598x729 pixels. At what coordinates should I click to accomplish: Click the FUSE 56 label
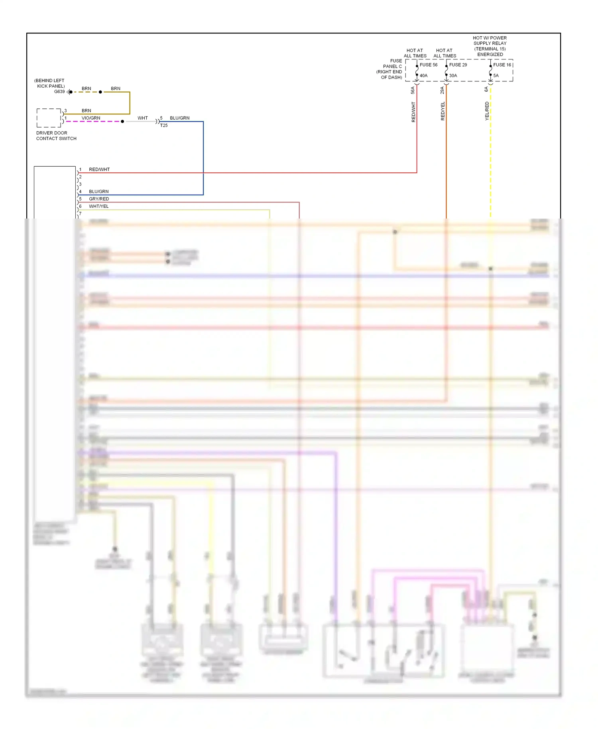(428, 65)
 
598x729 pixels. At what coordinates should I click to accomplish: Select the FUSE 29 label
(458, 65)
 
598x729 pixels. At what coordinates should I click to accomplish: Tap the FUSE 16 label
(502, 65)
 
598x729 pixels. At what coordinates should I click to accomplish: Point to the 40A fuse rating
(423, 76)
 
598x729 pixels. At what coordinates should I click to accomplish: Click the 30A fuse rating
(453, 76)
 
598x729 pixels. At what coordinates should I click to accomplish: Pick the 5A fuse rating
(496, 76)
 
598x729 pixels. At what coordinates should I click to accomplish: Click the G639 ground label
(59, 92)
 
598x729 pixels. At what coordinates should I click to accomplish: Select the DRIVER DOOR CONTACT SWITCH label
(56, 136)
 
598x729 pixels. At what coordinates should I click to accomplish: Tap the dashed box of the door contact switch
(49, 118)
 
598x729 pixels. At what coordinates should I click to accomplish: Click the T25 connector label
(164, 126)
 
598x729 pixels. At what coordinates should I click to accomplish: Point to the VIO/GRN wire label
(91, 118)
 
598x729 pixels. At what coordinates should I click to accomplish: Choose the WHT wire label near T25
(143, 118)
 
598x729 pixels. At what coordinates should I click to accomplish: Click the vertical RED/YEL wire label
(443, 111)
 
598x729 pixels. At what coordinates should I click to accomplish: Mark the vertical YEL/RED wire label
(487, 111)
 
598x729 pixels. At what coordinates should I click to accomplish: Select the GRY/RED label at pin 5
(99, 199)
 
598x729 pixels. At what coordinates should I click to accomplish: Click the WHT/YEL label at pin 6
(98, 207)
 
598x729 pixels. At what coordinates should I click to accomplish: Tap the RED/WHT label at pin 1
(99, 169)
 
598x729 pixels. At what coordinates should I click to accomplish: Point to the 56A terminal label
(413, 91)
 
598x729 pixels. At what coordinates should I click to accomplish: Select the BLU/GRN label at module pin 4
(98, 192)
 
